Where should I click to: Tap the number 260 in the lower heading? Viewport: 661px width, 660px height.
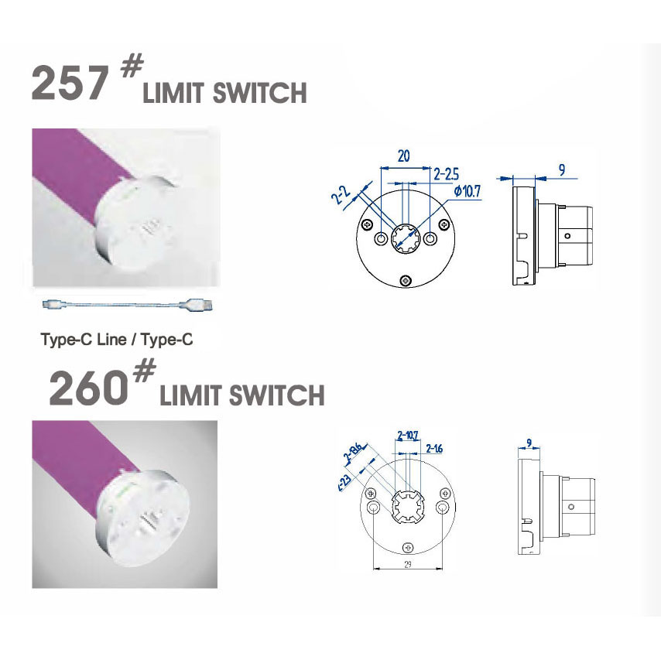pyautogui.click(x=87, y=388)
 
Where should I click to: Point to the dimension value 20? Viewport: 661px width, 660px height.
pyautogui.click(x=403, y=156)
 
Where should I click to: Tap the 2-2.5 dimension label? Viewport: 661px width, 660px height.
pyautogui.click(x=447, y=173)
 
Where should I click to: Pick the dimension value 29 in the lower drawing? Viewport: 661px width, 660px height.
pyautogui.click(x=406, y=565)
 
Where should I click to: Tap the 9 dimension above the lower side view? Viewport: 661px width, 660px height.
pyautogui.click(x=529, y=443)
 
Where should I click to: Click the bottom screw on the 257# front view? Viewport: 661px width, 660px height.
pyautogui.click(x=403, y=279)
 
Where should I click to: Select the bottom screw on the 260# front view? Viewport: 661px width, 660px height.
pyautogui.click(x=408, y=548)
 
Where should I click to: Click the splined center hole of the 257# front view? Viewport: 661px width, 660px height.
pyautogui.click(x=403, y=239)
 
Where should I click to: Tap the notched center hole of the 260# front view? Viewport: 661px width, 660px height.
pyautogui.click(x=408, y=507)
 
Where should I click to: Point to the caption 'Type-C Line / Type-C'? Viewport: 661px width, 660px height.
pyautogui.click(x=115, y=339)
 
